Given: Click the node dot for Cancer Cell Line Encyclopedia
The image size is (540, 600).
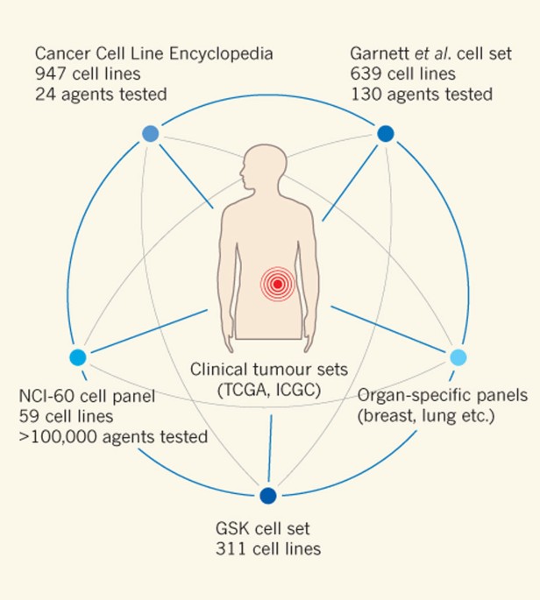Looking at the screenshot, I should point(150,133).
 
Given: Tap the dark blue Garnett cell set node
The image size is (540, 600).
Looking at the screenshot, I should point(385,133).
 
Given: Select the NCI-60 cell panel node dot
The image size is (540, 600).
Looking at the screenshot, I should point(77,357).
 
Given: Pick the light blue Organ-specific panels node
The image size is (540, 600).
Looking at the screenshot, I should point(458,357).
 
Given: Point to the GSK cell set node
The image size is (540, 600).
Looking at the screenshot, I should point(268,496).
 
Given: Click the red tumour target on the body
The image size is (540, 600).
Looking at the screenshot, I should point(277,284).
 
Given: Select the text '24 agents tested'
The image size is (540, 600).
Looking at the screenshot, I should point(103,93).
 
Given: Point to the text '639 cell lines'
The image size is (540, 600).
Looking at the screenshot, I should point(403,74).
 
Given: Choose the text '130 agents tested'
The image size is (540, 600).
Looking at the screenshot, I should point(420,93).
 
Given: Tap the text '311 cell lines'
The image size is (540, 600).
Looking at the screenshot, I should point(267,550).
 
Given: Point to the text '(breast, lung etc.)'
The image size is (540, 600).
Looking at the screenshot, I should point(426,415).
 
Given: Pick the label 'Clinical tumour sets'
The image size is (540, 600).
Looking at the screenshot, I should point(266,370).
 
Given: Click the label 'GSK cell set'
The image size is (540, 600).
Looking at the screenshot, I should point(262,531).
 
